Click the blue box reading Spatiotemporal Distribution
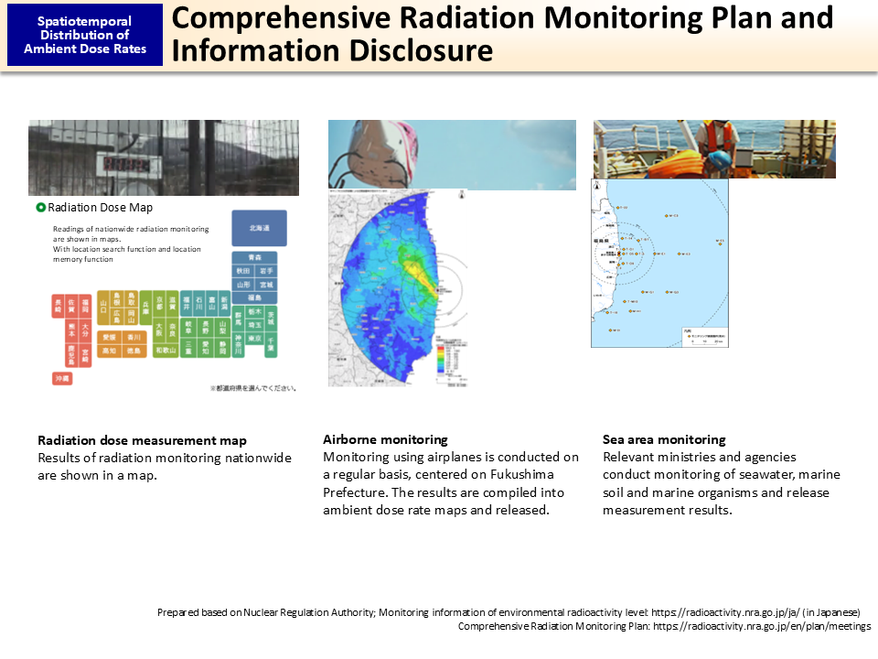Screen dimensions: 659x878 pyautogui.click(x=85, y=35)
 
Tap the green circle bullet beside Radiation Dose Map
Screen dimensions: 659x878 pyautogui.click(x=41, y=208)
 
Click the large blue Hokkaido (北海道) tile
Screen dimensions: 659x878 pyautogui.click(x=259, y=227)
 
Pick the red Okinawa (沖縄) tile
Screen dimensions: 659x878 pyautogui.click(x=62, y=378)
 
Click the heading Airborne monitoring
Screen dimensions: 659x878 pyautogui.click(x=385, y=439)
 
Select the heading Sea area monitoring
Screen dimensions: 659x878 pyautogui.click(x=664, y=439)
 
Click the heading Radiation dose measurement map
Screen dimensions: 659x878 pyautogui.click(x=142, y=441)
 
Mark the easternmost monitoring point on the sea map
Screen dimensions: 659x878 pyautogui.click(x=720, y=243)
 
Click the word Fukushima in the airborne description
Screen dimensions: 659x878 pyautogui.click(x=545, y=475)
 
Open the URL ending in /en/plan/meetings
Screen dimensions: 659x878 pyautogui.click(x=762, y=627)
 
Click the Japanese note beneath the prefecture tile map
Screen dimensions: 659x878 pyautogui.click(x=252, y=388)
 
